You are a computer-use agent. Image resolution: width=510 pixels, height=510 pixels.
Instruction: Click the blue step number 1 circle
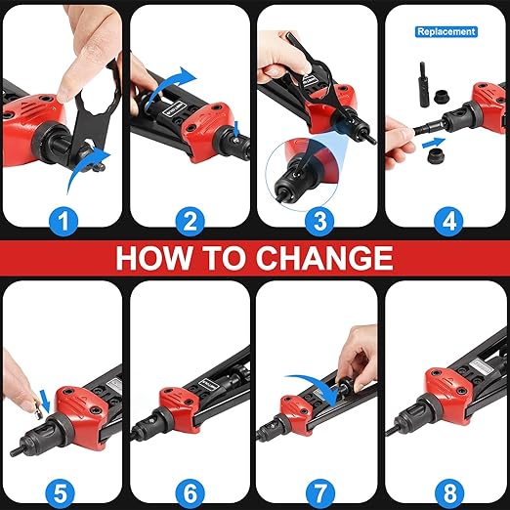point(64,222)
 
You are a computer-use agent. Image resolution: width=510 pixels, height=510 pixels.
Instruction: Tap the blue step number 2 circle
point(191,222)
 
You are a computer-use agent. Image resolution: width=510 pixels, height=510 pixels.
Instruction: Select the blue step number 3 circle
point(319,222)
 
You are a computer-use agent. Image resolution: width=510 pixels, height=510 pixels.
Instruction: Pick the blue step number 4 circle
point(448,222)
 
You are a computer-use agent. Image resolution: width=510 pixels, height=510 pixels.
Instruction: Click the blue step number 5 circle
point(60,493)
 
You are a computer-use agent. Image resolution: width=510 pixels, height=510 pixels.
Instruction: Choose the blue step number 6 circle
point(191,493)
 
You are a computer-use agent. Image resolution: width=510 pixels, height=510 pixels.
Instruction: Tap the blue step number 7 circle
point(319,493)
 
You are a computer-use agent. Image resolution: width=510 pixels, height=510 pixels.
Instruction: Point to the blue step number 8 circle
point(449,493)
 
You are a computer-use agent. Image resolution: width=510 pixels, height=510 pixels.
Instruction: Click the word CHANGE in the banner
point(324,257)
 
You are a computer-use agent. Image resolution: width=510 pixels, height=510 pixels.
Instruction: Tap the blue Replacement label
point(446,32)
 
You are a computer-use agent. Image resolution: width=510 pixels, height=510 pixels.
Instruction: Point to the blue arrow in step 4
point(434,143)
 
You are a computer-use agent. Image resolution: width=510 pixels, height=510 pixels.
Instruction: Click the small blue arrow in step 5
point(45,402)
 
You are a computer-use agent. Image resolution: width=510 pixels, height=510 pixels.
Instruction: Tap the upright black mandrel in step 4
point(425,84)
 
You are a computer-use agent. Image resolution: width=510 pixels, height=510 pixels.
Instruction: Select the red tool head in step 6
point(180,409)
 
